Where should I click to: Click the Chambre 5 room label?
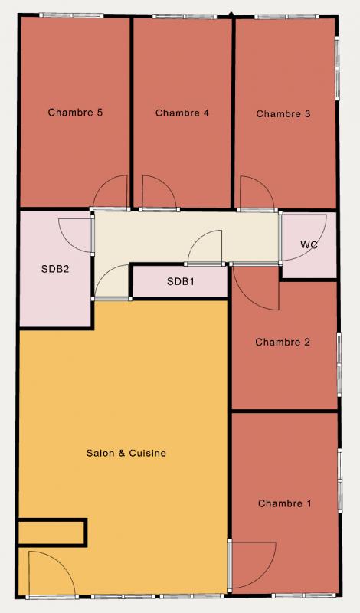(75, 113)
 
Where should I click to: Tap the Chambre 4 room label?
(182, 113)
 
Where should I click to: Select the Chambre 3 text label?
(283, 113)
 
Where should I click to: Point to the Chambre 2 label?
(283, 342)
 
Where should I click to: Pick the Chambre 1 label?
(285, 503)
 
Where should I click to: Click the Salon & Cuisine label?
(126, 453)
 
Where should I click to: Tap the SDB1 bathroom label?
(181, 281)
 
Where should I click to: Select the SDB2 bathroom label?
(55, 269)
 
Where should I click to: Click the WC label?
(309, 245)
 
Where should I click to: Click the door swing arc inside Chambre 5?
(103, 184)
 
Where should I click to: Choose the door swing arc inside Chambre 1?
(266, 574)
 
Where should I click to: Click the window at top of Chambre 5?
(71, 15)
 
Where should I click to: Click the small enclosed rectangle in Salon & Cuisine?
(52, 532)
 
